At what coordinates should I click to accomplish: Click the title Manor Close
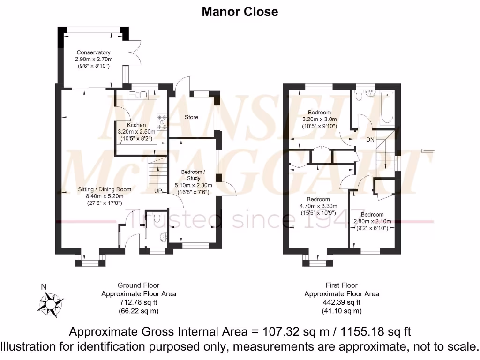click(x=240, y=11)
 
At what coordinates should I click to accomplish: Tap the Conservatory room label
click(x=94, y=52)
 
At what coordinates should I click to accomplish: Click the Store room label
click(x=191, y=117)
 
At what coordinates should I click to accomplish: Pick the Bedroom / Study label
click(x=194, y=175)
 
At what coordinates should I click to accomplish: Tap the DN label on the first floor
click(x=370, y=139)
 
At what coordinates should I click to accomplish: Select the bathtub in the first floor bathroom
click(x=387, y=108)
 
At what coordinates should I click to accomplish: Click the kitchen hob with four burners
click(x=163, y=121)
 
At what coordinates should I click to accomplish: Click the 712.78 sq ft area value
click(x=138, y=302)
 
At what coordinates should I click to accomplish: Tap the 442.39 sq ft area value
click(x=341, y=302)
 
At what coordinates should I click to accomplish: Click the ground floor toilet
click(x=157, y=218)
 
